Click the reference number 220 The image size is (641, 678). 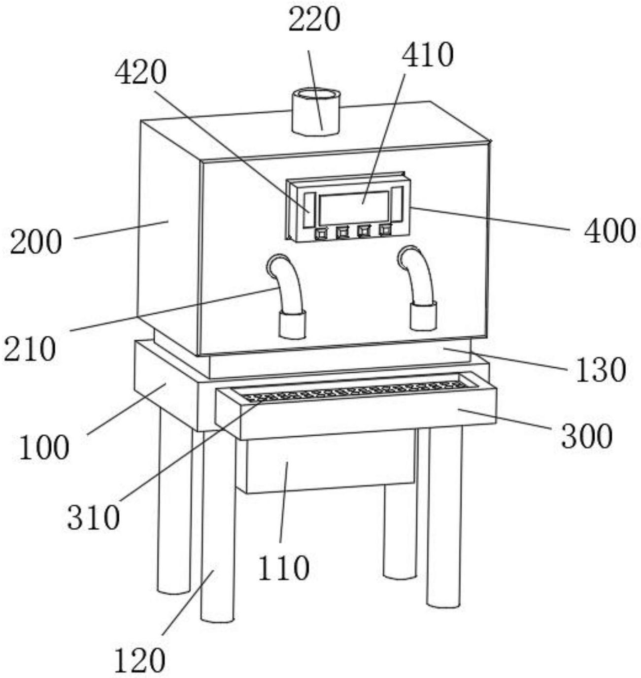point(314,21)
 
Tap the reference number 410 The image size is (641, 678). point(427,55)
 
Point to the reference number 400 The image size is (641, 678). point(609,231)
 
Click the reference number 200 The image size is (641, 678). point(36,243)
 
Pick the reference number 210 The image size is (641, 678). point(30,350)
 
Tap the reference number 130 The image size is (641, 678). point(601,370)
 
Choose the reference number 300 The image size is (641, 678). point(587,436)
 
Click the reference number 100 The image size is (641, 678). point(44,449)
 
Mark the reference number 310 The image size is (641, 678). point(94,517)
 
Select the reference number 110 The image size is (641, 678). point(283,568)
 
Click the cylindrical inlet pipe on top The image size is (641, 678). point(316,111)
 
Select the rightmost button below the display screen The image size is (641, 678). point(385,229)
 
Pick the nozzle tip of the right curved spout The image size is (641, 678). point(423,317)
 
